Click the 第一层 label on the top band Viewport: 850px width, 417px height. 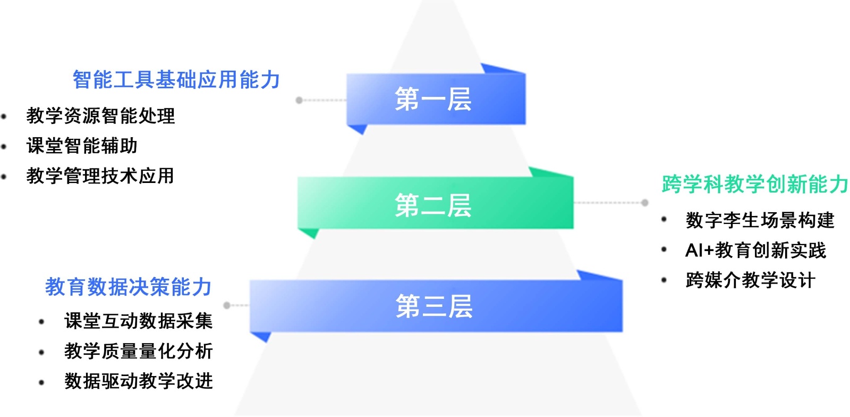point(433,99)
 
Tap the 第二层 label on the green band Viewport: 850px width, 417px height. point(433,205)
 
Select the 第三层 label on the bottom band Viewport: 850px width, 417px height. point(434,306)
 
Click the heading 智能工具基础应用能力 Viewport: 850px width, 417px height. point(176,80)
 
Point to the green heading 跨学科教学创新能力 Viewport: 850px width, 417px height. point(754,184)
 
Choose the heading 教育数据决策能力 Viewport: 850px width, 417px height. point(128,287)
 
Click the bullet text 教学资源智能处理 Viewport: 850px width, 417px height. point(100,115)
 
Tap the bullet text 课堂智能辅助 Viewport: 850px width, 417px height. point(82,145)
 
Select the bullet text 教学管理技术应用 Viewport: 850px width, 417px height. point(100,176)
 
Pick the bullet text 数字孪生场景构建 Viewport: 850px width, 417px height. point(760,220)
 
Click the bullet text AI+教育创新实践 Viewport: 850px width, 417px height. point(755,250)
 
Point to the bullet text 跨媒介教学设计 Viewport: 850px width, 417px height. point(750,280)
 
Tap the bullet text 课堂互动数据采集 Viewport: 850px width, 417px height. point(138,321)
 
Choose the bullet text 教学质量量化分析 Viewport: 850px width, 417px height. point(138,351)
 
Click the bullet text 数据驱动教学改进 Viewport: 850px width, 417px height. point(138,381)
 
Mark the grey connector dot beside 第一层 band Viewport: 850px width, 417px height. point(299,100)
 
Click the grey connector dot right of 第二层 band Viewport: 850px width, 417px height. point(644,203)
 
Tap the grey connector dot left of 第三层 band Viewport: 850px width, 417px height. point(227,305)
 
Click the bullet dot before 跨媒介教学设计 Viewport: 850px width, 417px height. point(664,280)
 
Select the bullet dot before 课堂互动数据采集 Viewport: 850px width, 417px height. point(41,321)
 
